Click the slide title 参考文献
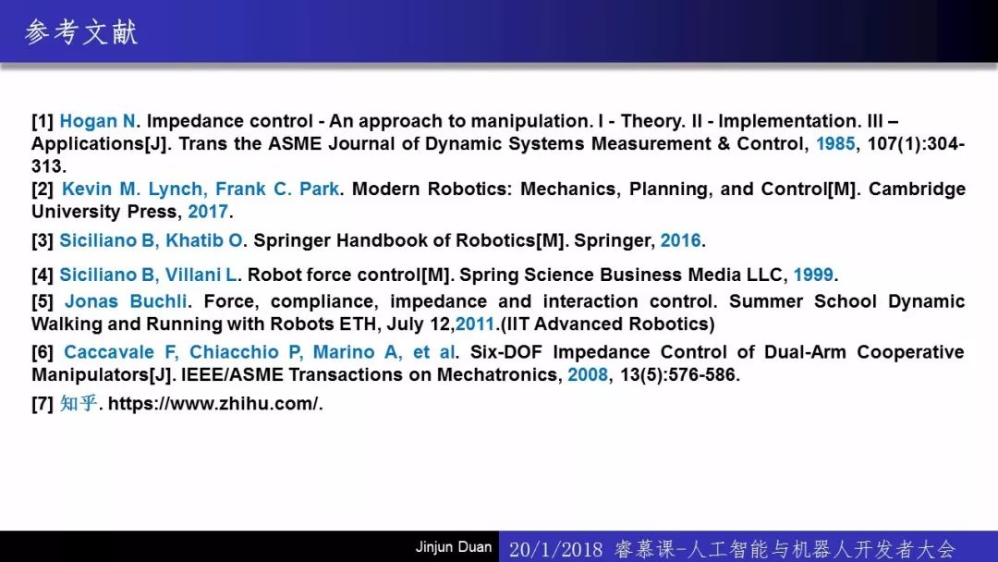click(80, 32)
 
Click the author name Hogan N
click(98, 121)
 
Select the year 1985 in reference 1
click(835, 144)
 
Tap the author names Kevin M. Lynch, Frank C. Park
click(201, 189)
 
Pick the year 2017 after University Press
click(208, 212)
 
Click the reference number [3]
click(43, 240)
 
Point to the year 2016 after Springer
click(680, 240)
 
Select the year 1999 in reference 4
click(813, 275)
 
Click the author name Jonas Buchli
click(126, 301)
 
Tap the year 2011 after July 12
click(475, 324)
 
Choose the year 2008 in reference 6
click(588, 374)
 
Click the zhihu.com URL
click(215, 404)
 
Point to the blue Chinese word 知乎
click(79, 404)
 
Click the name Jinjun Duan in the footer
click(453, 546)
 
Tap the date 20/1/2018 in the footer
click(555, 549)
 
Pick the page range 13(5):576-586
click(679, 374)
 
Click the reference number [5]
click(43, 301)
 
